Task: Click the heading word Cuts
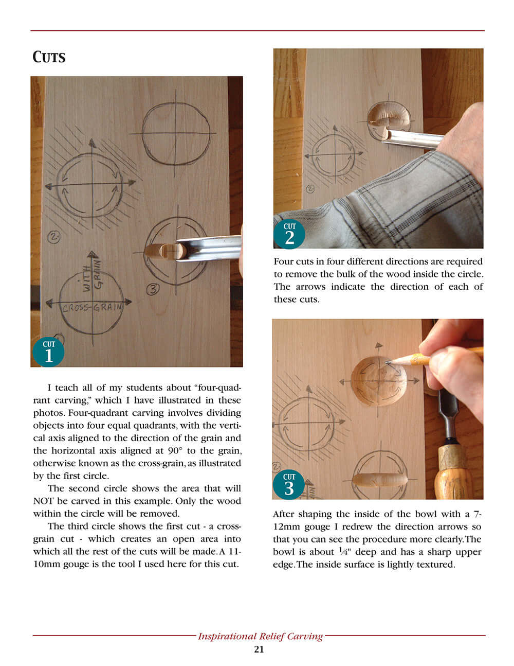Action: click(x=49, y=57)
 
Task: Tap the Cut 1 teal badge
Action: click(x=48, y=352)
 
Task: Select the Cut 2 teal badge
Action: click(x=289, y=234)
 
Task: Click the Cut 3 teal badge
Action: click(x=289, y=484)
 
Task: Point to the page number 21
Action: click(x=259, y=650)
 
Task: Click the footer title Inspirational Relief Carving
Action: click(x=260, y=636)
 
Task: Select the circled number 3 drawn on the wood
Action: click(x=153, y=289)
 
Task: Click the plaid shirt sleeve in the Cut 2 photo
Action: click(x=391, y=206)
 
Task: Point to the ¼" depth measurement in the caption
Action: click(x=344, y=552)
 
